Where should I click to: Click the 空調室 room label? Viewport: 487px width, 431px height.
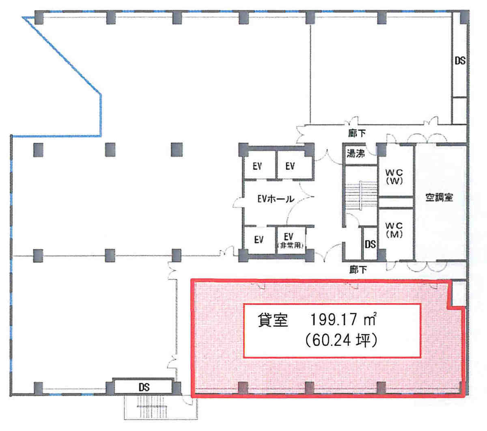coord(439,198)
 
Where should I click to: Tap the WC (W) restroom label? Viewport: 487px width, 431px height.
coord(394,177)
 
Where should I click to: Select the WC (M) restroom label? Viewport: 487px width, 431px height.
coord(394,230)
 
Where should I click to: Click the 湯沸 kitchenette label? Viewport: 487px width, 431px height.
coord(356,153)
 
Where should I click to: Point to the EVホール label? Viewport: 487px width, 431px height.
coord(276,199)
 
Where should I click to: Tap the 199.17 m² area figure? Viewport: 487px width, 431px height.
coord(343,320)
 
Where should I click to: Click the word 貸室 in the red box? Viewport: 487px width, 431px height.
coord(273,320)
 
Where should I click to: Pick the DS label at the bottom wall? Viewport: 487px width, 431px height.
coord(144,387)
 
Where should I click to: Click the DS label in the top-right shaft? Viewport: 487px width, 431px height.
coord(460,61)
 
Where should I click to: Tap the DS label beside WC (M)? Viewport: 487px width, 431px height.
coord(370,244)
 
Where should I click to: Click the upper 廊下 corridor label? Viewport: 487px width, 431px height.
coord(357,133)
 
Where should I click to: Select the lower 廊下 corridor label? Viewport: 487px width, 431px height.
coord(358,270)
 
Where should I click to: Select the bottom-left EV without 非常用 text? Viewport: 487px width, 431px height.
coord(259,240)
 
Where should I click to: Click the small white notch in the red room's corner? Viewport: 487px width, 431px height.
coord(459,294)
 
